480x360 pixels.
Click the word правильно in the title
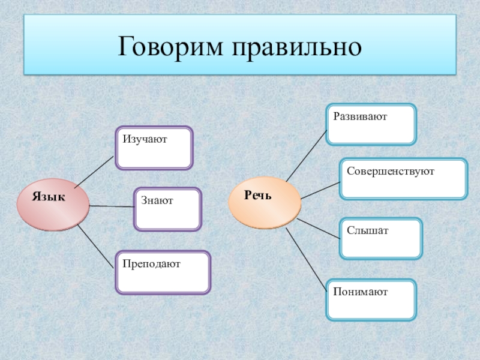tap(293, 47)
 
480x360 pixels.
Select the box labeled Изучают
tap(154, 148)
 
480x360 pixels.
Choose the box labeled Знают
tap(168, 209)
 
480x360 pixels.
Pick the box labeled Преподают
tap(163, 272)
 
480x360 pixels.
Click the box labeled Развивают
tap(371, 124)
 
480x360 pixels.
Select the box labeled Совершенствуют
tap(403, 178)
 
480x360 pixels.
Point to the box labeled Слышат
tap(381, 238)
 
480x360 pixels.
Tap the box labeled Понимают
tap(371, 299)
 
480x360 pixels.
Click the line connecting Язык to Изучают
tap(93, 171)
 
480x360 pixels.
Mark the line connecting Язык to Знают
tap(112, 206)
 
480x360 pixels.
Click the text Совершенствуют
tap(390, 171)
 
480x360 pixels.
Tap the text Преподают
tap(152, 263)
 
